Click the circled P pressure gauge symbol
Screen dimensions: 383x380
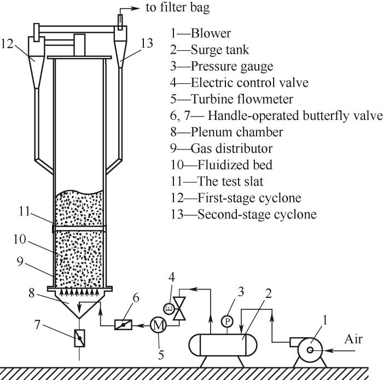(228, 321)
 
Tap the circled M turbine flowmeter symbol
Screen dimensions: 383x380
(158, 325)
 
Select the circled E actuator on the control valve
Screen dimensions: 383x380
(169, 308)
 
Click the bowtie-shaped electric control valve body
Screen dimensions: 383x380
(179, 308)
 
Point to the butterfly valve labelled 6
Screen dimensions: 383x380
(123, 325)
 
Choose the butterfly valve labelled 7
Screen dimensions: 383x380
(80, 338)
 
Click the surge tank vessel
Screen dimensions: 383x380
(223, 345)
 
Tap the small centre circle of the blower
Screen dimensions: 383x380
(310, 350)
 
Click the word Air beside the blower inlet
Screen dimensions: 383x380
(353, 339)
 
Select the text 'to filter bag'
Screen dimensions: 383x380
(178, 8)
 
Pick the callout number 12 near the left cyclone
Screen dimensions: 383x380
(7, 44)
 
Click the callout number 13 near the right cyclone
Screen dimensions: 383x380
(147, 43)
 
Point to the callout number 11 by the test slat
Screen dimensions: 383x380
(24, 211)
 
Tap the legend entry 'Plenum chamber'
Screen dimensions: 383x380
(237, 132)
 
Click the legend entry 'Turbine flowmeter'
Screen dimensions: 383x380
(242, 99)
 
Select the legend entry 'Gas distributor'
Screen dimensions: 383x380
(231, 148)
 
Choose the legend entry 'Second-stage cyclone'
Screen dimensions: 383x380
(257, 214)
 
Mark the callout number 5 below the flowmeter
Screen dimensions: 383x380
(161, 355)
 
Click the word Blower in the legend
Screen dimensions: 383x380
(211, 33)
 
